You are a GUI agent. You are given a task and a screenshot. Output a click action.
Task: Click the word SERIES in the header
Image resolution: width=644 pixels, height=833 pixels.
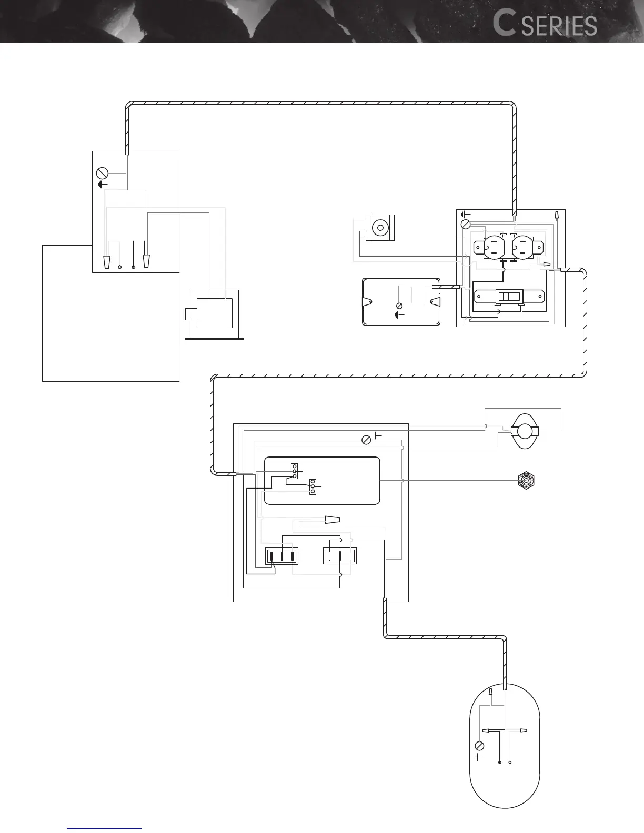click(x=559, y=26)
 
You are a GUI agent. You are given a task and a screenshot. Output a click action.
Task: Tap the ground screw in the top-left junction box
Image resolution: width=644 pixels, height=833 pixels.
click(x=103, y=173)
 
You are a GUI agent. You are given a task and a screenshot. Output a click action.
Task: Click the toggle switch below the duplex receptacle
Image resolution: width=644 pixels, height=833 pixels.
click(x=508, y=297)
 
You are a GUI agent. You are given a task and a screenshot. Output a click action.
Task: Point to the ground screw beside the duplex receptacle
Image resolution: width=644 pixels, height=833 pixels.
click(x=465, y=225)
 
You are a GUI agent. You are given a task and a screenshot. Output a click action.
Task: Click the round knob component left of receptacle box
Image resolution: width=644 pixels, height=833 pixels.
click(x=379, y=228)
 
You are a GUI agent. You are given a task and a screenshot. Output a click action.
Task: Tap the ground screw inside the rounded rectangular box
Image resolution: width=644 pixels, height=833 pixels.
click(x=399, y=306)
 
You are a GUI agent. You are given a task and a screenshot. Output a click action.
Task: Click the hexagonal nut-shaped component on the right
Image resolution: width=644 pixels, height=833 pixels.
click(x=526, y=480)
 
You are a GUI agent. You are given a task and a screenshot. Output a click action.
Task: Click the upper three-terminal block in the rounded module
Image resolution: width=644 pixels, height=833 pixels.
click(x=295, y=471)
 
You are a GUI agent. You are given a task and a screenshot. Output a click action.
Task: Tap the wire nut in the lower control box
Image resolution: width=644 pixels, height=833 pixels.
click(x=332, y=520)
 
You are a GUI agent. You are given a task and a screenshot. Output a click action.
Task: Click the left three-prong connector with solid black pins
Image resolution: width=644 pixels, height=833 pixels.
click(x=281, y=556)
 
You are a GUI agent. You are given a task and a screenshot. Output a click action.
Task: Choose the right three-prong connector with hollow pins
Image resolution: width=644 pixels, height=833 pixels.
click(x=339, y=556)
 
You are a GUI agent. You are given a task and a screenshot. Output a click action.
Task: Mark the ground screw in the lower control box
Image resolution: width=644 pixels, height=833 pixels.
click(x=367, y=440)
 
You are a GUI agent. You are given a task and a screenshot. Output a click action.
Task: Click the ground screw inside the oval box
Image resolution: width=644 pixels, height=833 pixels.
click(x=479, y=746)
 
